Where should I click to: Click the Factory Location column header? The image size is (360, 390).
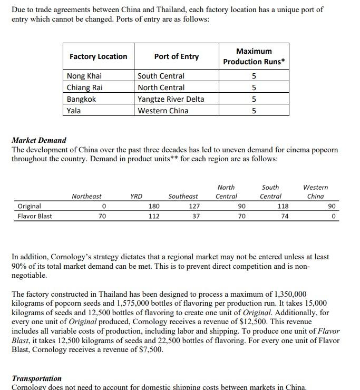coord(98,56)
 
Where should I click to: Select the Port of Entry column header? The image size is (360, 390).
coord(176,56)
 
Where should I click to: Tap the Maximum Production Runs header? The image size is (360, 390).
coord(254,56)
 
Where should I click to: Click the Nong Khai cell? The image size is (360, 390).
coord(84,76)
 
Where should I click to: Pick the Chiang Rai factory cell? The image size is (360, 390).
coord(85,87)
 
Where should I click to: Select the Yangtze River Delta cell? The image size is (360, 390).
coord(171,99)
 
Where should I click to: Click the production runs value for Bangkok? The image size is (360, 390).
coord(254,99)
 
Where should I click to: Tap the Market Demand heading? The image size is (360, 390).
coord(39,140)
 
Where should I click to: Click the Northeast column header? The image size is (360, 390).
coord(86,197)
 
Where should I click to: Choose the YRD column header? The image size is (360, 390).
coord(136,197)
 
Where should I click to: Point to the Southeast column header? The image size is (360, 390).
coord(183,197)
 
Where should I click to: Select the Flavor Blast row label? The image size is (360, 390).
coord(35,216)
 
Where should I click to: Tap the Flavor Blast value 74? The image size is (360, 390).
coord(285,216)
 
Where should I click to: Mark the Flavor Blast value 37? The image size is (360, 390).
coord(196,216)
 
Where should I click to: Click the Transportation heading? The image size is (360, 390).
coord(36,378)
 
